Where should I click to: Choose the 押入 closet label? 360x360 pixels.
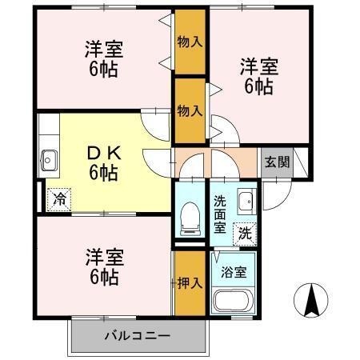[x=190, y=282]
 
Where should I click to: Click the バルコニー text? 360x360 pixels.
[x=136, y=335]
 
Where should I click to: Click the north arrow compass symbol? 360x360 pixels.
[x=313, y=302]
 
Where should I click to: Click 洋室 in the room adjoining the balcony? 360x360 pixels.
[x=103, y=258]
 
